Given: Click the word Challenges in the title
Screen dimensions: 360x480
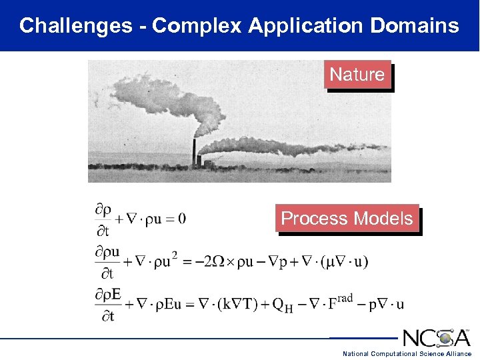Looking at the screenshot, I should click(75, 26).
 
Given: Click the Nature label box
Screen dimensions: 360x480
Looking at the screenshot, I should click(357, 75).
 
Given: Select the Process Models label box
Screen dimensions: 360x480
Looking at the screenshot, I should click(347, 219).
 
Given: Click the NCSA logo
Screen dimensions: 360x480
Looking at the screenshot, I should click(437, 338).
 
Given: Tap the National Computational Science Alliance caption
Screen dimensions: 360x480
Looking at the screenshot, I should click(407, 353).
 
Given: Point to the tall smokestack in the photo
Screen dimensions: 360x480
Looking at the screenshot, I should click(194, 153).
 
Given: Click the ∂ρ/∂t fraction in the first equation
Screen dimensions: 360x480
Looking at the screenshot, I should click(103, 219).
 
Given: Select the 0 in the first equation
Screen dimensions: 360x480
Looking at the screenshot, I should click(182, 219).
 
